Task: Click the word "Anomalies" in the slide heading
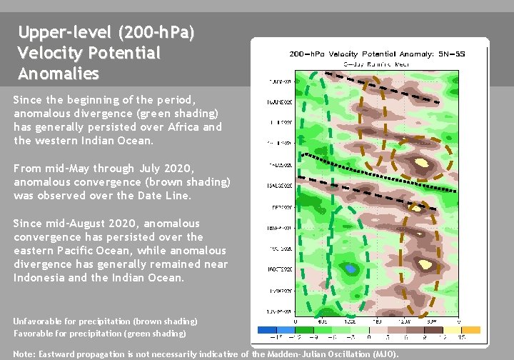point(59,74)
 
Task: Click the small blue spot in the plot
point(350,268)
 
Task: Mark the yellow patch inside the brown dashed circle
point(423,163)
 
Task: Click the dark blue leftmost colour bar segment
point(268,330)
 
